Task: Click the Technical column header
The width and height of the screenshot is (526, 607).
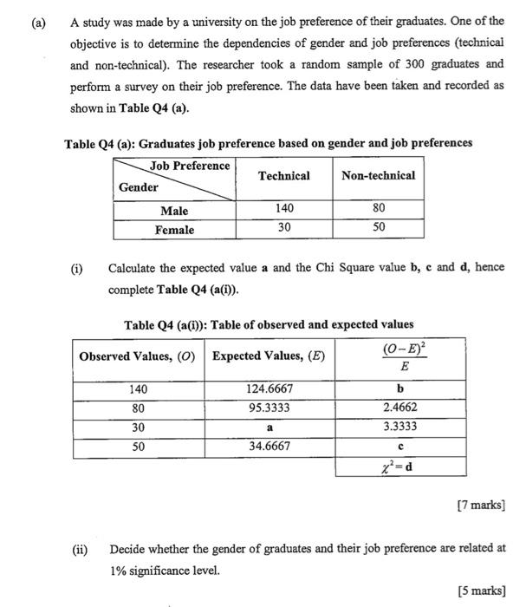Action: click(x=283, y=176)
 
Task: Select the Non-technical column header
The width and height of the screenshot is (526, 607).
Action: click(x=378, y=176)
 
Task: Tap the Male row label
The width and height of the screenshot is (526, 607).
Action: click(x=174, y=211)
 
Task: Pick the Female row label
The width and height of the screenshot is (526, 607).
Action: click(x=174, y=230)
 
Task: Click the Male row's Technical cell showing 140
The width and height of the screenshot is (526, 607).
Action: click(x=283, y=209)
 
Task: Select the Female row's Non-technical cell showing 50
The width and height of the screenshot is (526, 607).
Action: click(x=379, y=228)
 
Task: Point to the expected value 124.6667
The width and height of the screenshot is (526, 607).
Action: click(x=269, y=389)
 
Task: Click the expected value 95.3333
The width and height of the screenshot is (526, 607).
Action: click(x=269, y=408)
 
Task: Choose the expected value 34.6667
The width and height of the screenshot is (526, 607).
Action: click(x=269, y=447)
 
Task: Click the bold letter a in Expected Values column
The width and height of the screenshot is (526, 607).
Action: click(x=269, y=428)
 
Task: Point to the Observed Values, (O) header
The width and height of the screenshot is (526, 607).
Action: click(x=137, y=356)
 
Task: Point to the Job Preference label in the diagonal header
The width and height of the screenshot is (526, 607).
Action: click(x=190, y=166)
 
